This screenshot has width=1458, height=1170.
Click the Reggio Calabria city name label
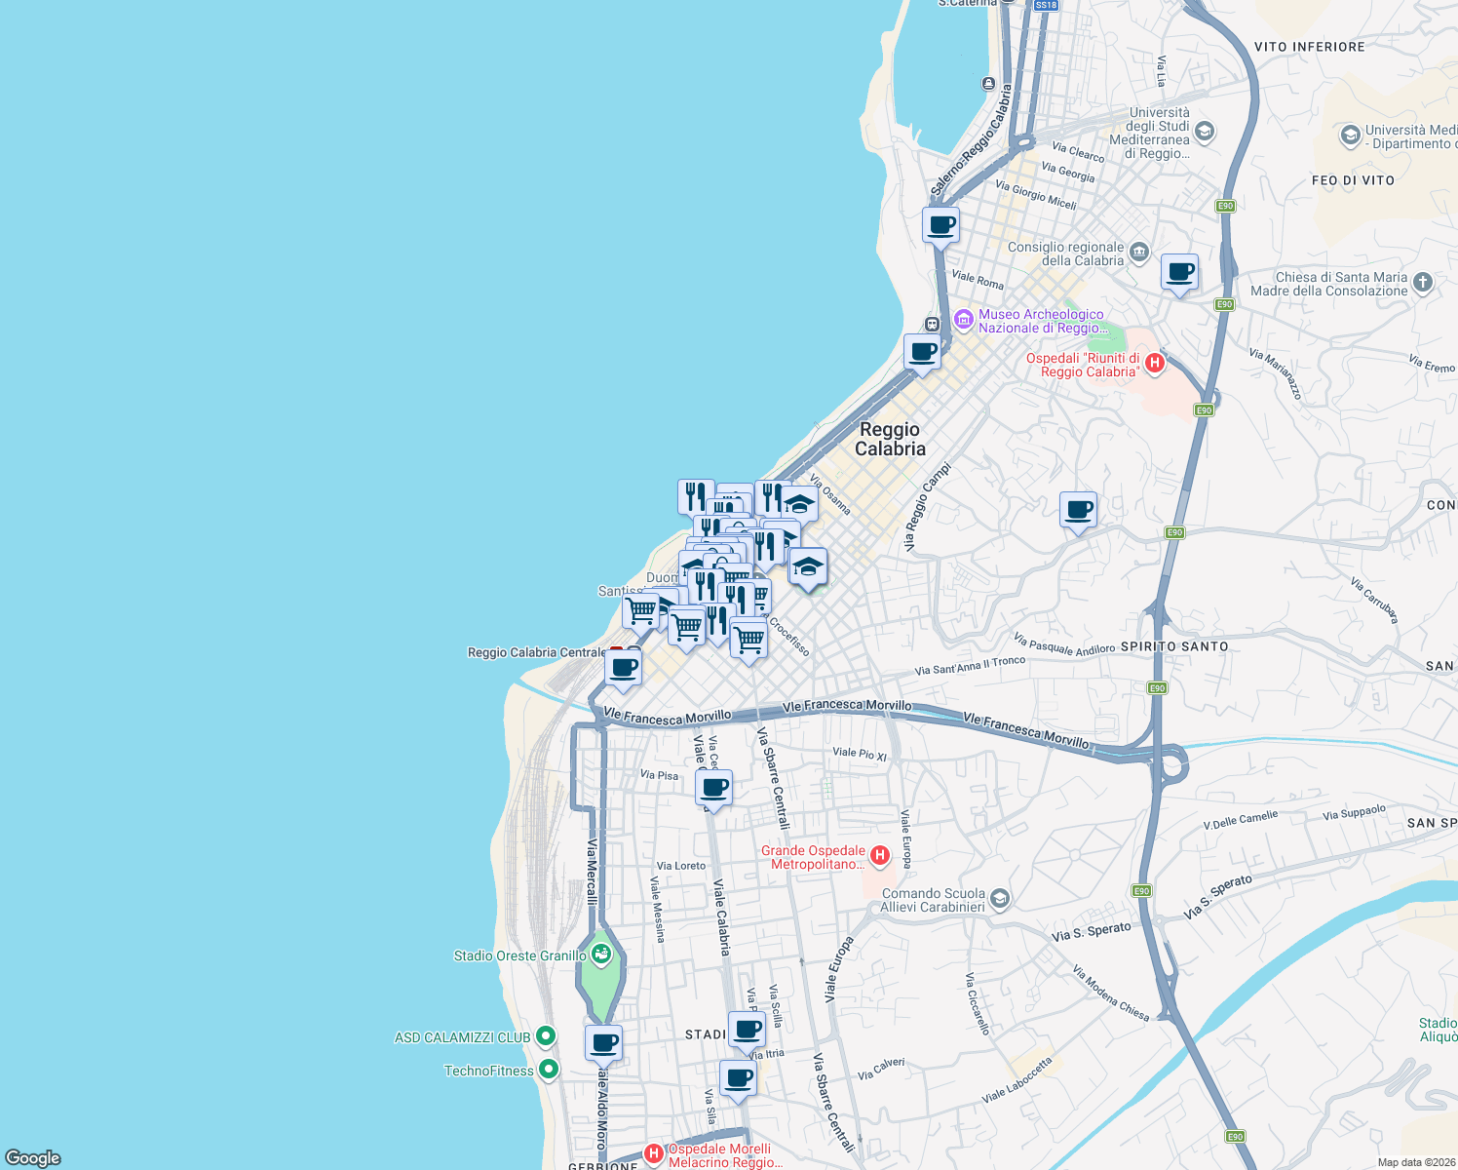890,439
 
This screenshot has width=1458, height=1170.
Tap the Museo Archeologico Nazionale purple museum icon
964,320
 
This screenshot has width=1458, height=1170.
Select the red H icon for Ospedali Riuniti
1155,364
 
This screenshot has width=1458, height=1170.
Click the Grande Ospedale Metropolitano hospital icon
880,856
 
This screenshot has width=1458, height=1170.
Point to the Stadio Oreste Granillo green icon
601,955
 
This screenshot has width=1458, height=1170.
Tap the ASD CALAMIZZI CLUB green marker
546,1036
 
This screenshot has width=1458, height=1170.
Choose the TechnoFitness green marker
549,1070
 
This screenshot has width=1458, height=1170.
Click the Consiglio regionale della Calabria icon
1138,254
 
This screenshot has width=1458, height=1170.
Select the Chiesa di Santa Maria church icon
1423,283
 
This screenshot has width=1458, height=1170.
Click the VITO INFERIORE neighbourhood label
1309,47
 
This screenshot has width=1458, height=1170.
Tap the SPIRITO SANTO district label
1174,646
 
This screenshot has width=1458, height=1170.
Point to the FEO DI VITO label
1353,180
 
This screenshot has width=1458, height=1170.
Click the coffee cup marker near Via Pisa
714,787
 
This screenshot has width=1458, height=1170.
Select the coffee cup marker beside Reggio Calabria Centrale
624,668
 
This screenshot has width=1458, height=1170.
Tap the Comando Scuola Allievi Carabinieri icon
1000,899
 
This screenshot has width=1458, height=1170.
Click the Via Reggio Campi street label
927,507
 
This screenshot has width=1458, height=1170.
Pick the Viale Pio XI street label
860,754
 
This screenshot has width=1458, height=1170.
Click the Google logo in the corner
33,1158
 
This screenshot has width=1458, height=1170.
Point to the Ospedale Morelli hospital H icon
654,1154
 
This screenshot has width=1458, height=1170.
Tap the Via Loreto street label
680,866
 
